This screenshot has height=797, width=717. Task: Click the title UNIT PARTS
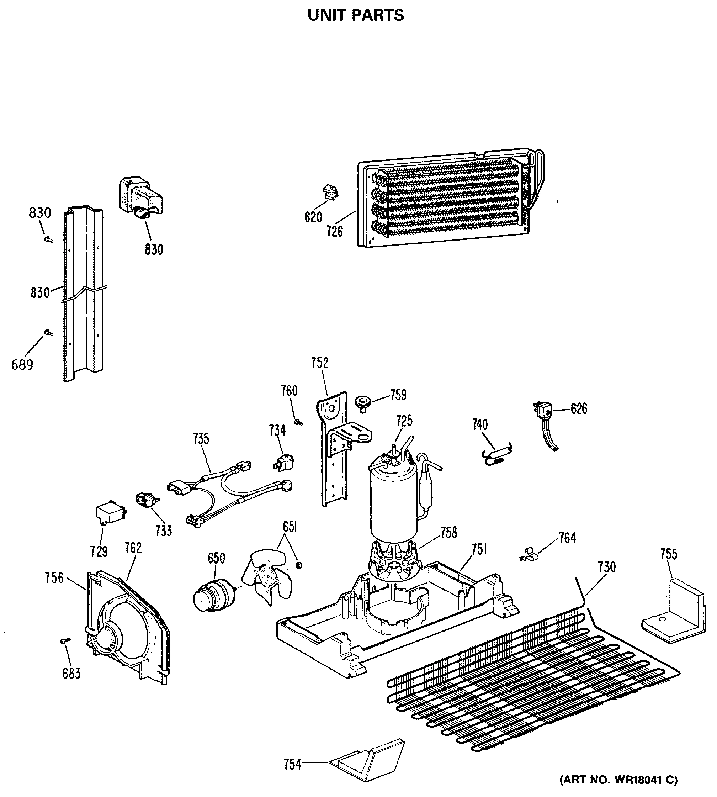point(355,15)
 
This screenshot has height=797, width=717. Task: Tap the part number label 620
point(313,217)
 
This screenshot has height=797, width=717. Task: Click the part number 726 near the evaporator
point(334,231)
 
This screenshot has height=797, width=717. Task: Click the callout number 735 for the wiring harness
point(201,439)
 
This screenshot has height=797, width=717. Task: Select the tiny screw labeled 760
point(299,422)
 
